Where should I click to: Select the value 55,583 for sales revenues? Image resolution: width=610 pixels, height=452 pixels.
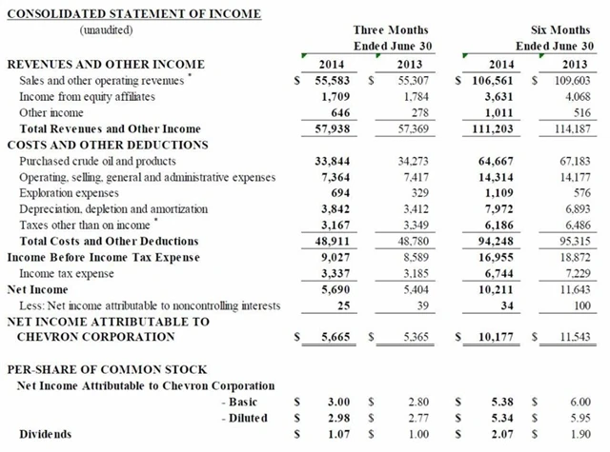click(x=333, y=82)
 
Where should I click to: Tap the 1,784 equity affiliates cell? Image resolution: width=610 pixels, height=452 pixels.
click(x=409, y=97)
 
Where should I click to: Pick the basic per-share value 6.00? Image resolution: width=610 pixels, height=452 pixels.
click(x=578, y=402)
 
